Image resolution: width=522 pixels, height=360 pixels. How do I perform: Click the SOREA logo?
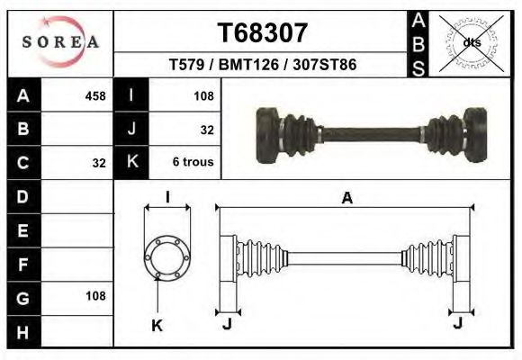coord(60,41)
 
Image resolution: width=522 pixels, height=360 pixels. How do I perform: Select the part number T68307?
coord(263,33)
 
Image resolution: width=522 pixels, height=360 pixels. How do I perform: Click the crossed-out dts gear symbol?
coord(471,42)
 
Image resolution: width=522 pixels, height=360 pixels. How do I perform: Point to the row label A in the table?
coord(23,95)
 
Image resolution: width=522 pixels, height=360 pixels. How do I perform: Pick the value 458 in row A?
coord(94,95)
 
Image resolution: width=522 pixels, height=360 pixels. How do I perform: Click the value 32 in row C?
coord(99,163)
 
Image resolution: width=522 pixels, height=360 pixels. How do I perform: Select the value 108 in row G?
coord(94,296)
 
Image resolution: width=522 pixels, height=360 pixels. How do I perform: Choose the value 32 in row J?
coord(207,130)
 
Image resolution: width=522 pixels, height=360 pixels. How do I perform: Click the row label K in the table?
coord(131,163)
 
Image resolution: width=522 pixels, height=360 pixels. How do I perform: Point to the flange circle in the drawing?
coord(168,257)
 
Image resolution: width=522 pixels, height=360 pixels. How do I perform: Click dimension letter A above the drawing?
coord(346,199)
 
